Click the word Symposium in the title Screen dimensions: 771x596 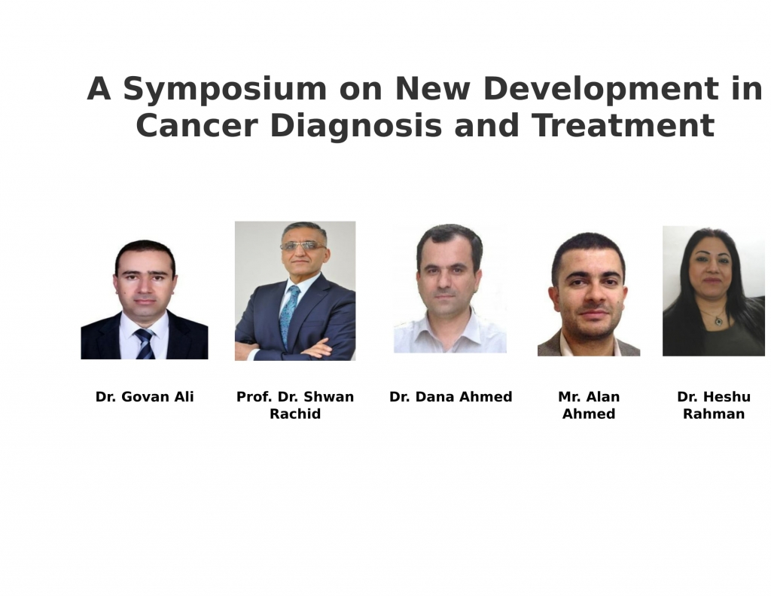[x=224, y=90]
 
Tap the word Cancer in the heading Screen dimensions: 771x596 [x=197, y=126]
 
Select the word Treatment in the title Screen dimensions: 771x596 [x=623, y=126]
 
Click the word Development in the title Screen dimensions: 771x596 [x=601, y=90]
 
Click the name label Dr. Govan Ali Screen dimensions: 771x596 [x=145, y=396]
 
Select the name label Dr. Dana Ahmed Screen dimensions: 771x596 [x=450, y=396]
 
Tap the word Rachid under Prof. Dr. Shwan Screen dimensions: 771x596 [x=295, y=414]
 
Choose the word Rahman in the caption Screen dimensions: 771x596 [x=714, y=414]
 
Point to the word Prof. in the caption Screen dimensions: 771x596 [x=254, y=396]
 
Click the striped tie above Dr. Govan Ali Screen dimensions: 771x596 [x=145, y=344]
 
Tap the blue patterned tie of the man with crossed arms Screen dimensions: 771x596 [x=289, y=316]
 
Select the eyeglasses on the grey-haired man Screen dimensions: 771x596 [x=303, y=246]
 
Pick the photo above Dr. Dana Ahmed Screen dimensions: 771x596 [x=450, y=289]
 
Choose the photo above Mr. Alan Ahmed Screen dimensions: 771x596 [x=589, y=294]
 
